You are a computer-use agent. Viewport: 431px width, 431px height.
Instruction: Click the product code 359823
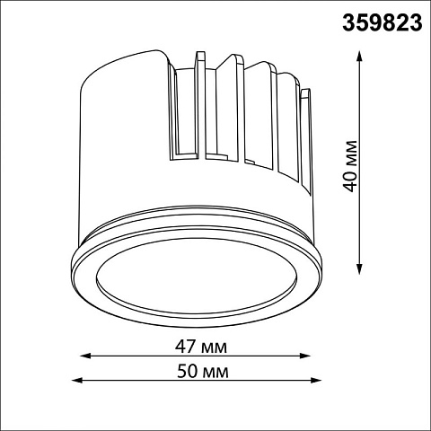383,23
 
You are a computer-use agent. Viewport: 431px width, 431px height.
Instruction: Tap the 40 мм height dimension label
350,166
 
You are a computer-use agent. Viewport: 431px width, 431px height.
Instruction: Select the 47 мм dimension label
201,347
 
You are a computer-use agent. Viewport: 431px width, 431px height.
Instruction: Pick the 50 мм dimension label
203,372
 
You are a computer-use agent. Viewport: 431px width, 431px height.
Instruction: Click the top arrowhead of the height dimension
359,56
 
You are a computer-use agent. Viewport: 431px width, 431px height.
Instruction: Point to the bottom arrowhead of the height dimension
359,268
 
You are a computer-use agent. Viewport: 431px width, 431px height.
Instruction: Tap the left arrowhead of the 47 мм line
85,356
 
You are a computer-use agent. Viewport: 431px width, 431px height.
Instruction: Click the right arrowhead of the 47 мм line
305,356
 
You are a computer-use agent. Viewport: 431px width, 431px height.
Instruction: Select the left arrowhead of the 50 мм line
77,380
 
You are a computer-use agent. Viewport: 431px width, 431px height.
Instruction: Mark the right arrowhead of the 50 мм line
316,380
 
